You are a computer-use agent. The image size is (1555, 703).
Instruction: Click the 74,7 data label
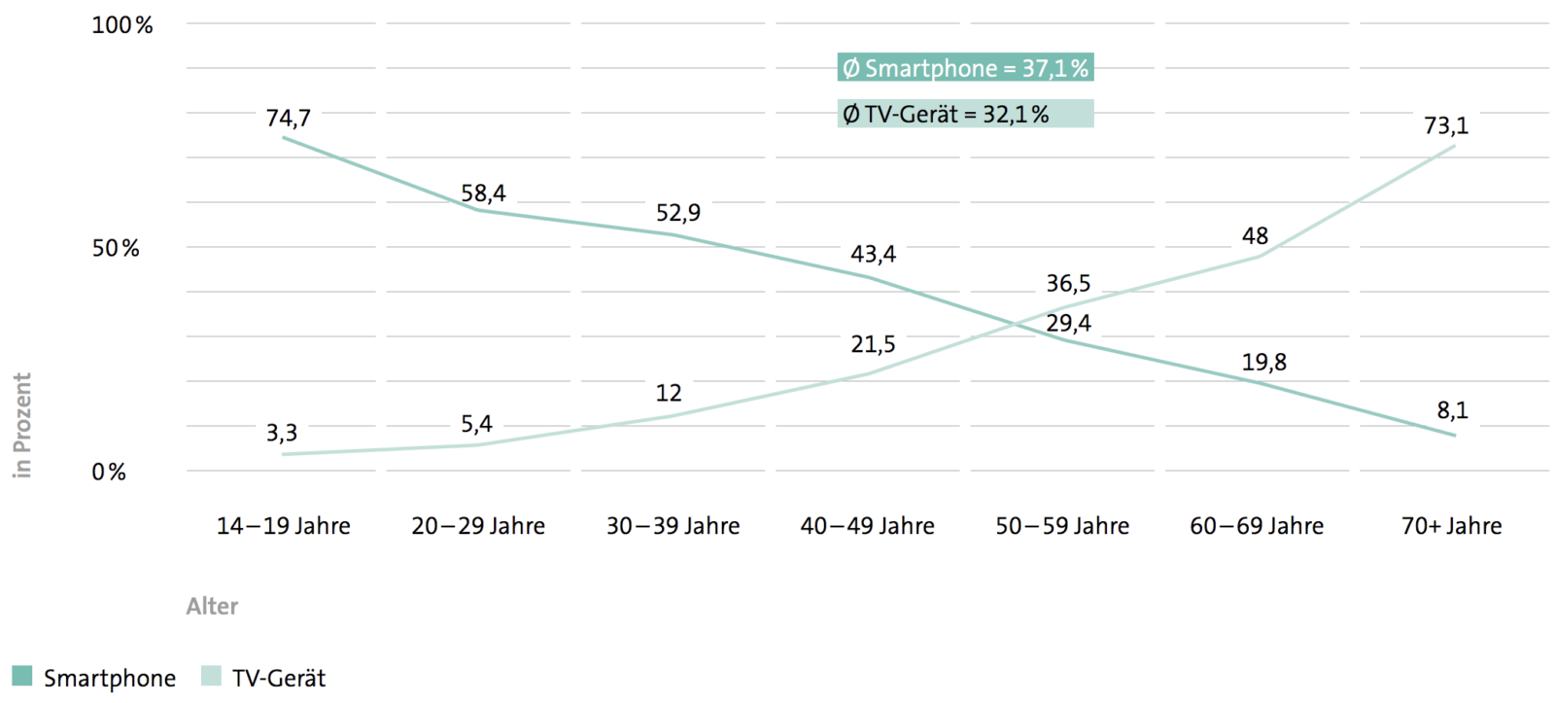[289, 119]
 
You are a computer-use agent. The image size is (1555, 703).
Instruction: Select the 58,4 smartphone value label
[483, 193]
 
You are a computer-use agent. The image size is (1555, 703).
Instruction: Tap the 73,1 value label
[1446, 125]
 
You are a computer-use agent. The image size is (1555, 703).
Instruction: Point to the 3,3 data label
[282, 433]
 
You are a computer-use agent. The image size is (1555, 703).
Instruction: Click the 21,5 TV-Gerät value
[873, 344]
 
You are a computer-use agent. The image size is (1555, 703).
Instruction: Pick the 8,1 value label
[1452, 410]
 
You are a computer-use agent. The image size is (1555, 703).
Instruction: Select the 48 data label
[1255, 236]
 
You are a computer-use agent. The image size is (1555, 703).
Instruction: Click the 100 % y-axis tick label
[122, 25]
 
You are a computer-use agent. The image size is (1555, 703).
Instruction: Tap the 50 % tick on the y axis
[116, 249]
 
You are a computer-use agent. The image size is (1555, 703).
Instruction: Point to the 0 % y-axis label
[109, 473]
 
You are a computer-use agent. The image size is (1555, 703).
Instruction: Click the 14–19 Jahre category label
[283, 526]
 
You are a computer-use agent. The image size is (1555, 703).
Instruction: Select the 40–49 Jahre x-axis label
[867, 526]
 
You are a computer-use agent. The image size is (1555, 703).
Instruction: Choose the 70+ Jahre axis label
[1451, 526]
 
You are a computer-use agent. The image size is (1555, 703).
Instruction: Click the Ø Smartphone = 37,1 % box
[965, 68]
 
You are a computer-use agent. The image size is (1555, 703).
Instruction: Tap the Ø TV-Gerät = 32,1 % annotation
[965, 115]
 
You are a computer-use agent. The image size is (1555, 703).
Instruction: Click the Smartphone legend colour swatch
[21, 676]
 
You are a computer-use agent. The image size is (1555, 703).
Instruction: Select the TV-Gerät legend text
[279, 678]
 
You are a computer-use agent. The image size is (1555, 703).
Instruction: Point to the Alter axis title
[212, 607]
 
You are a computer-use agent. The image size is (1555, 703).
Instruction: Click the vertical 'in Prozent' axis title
[22, 425]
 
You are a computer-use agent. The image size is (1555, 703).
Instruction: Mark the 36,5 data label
[1068, 283]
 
